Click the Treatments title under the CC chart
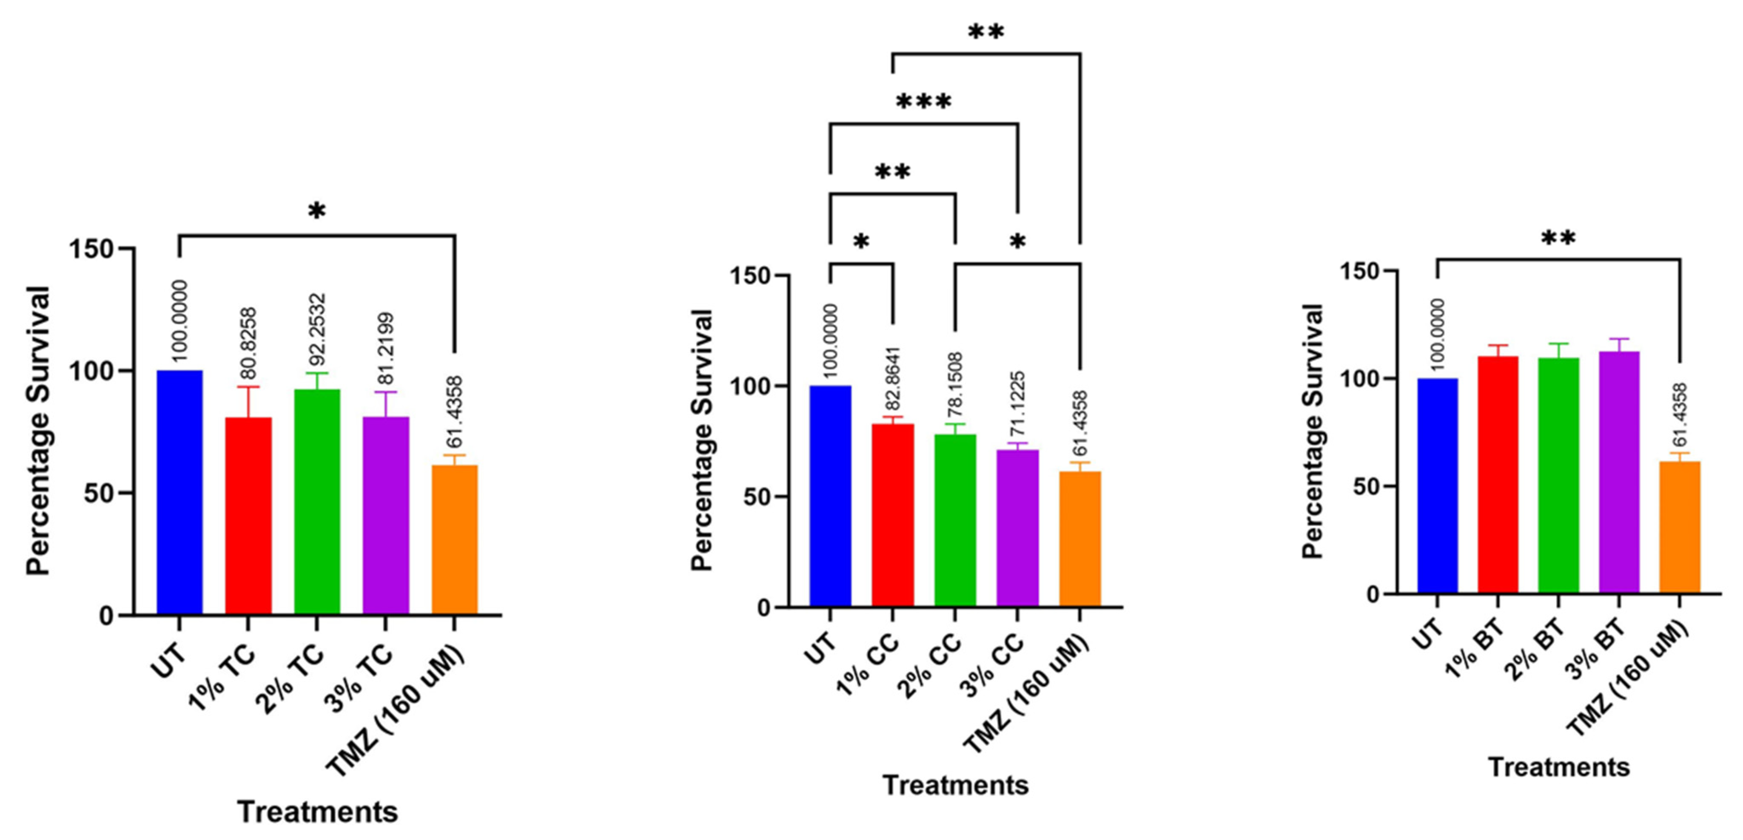pos(955,785)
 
